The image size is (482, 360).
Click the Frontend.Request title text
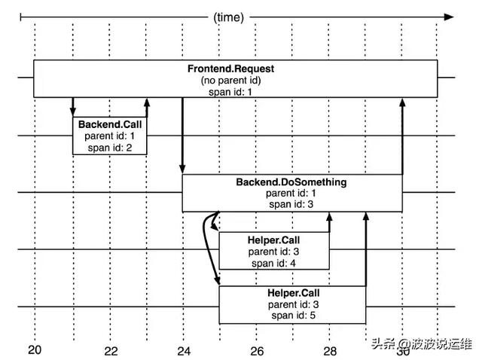(x=230, y=69)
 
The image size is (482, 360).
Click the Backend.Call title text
(x=109, y=124)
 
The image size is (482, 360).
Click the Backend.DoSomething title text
(x=291, y=182)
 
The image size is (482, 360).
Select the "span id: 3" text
(x=291, y=203)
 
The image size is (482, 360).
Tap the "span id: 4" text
(x=273, y=262)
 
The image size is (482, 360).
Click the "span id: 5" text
(x=291, y=316)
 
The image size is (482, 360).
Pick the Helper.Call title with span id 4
(x=273, y=240)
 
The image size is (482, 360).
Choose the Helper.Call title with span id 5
(x=291, y=293)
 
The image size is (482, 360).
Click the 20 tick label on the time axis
(x=35, y=350)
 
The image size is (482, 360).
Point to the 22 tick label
(x=111, y=351)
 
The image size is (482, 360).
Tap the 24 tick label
(x=183, y=351)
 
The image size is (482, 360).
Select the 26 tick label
(x=257, y=351)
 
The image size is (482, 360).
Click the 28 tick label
(x=330, y=351)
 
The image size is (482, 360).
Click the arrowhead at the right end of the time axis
(x=450, y=16)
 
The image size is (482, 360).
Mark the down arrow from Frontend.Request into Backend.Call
(x=73, y=106)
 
